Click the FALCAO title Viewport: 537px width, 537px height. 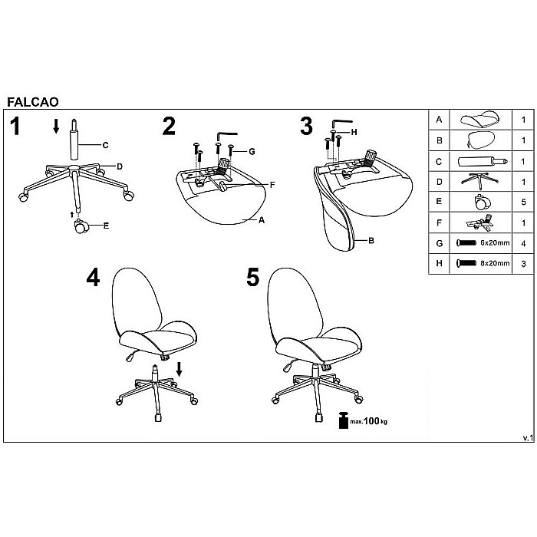tap(33, 102)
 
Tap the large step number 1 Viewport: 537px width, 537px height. tap(15, 127)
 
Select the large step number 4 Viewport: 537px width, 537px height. tap(93, 277)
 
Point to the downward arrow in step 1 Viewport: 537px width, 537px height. tap(56, 127)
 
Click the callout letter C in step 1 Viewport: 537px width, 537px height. tap(106, 145)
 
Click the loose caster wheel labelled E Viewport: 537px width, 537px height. tap(81, 226)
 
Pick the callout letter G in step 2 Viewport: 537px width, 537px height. tap(252, 151)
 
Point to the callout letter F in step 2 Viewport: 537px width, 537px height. tap(272, 185)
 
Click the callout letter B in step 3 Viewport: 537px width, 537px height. tap(371, 241)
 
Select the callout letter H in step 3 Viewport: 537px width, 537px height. tap(354, 132)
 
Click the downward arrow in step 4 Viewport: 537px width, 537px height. tap(179, 370)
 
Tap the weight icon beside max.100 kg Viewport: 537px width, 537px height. tap(343, 420)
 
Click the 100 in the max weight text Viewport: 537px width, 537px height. tap(371, 421)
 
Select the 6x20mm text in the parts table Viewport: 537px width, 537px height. tap(495, 243)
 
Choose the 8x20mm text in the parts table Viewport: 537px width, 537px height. tap(495, 263)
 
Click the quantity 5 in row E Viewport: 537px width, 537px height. tap(523, 202)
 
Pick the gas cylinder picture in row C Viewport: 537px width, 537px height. tap(483, 161)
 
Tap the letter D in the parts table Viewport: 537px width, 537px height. tap(440, 182)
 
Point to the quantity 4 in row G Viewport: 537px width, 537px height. tap(523, 243)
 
